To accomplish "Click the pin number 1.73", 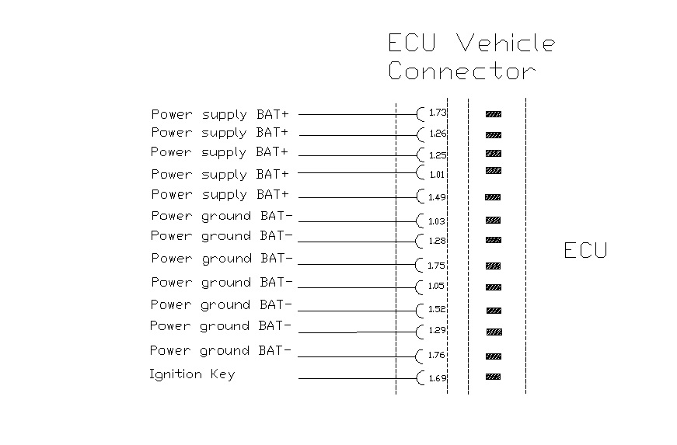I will pos(438,113).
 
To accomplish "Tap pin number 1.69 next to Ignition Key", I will pos(438,379).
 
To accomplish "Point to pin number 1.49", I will pos(438,197).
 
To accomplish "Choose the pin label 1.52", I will pos(437,309).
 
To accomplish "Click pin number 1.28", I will pos(437,242).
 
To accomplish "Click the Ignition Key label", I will pos(192,375).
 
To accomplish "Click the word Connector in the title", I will pos(462,71).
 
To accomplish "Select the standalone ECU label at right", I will pos(585,250).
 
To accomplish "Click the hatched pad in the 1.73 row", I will pos(494,114).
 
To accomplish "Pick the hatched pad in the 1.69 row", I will pos(493,377).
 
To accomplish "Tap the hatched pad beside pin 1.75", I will pos(493,266).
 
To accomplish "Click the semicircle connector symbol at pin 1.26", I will pos(421,134).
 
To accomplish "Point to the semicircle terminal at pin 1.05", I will pos(421,287).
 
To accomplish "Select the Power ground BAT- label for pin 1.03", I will pos(222,216).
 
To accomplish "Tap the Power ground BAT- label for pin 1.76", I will pos(221,351).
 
